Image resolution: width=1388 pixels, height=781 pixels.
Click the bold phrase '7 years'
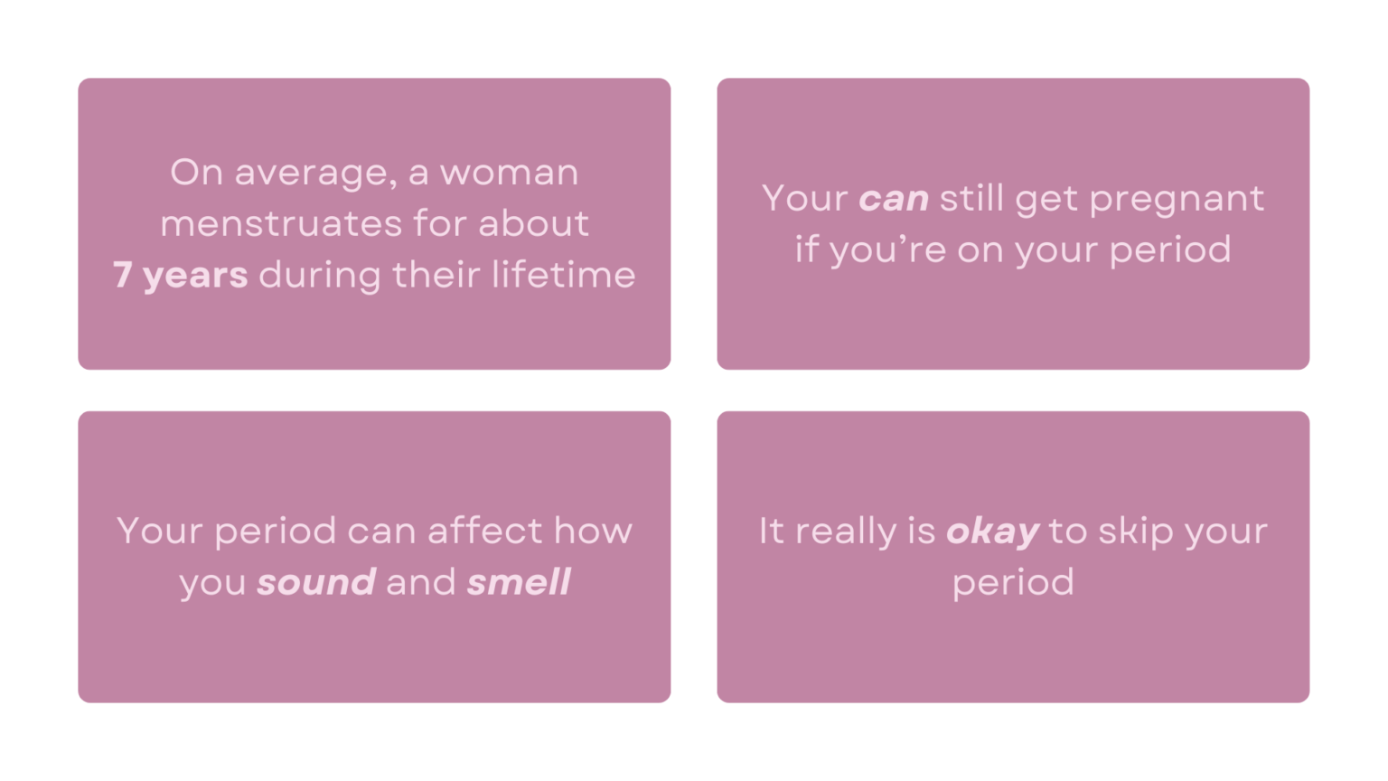(x=181, y=275)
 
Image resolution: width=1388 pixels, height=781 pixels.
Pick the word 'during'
(x=320, y=275)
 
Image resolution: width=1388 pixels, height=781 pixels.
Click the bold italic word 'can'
(x=893, y=198)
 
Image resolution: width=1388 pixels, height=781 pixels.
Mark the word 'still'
(x=971, y=198)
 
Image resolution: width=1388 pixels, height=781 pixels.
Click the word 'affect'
(x=485, y=531)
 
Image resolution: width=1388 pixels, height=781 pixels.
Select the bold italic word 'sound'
(x=316, y=582)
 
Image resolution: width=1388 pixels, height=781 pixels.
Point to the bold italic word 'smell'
(x=519, y=582)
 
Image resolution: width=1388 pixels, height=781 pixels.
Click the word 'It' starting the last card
(x=771, y=531)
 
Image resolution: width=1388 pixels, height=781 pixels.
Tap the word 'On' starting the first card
(x=197, y=172)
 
